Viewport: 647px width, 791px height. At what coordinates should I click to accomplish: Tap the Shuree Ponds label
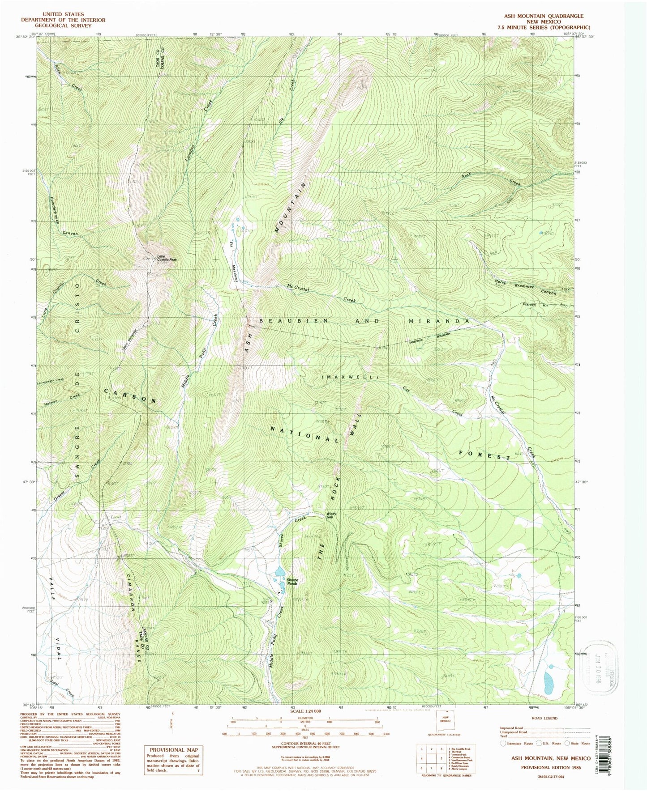click(292, 582)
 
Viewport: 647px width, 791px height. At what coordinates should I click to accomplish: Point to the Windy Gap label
click(331, 515)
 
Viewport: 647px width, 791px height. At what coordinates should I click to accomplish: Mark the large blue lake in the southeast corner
click(548, 683)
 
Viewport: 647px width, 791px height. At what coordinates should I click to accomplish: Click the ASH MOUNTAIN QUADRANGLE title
click(544, 16)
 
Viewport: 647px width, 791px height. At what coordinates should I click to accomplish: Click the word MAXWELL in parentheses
click(350, 377)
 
